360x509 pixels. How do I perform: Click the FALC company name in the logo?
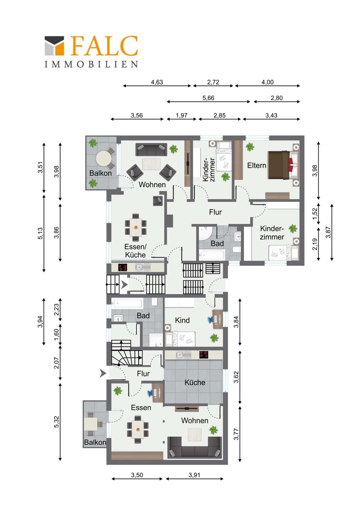point(104,46)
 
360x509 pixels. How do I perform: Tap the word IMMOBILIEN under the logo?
point(91,64)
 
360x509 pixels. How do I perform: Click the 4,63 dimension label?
point(157,82)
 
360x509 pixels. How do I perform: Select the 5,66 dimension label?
point(208,98)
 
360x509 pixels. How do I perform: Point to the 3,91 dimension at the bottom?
point(194,475)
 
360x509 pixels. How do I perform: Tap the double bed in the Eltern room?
point(283,165)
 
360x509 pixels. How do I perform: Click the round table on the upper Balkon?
point(104,159)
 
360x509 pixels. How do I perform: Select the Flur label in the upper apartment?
point(215,212)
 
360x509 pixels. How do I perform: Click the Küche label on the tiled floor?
point(195,382)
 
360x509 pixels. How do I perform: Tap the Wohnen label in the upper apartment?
point(152,185)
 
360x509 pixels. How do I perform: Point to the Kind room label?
point(182,320)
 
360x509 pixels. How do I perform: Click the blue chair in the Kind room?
point(210,320)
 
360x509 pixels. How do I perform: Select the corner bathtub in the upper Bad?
point(205,233)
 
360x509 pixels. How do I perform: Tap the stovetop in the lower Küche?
point(204,355)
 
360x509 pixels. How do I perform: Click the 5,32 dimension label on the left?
point(56,422)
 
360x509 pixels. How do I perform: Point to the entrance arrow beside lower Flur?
point(103,373)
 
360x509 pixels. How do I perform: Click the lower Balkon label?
point(95,442)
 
